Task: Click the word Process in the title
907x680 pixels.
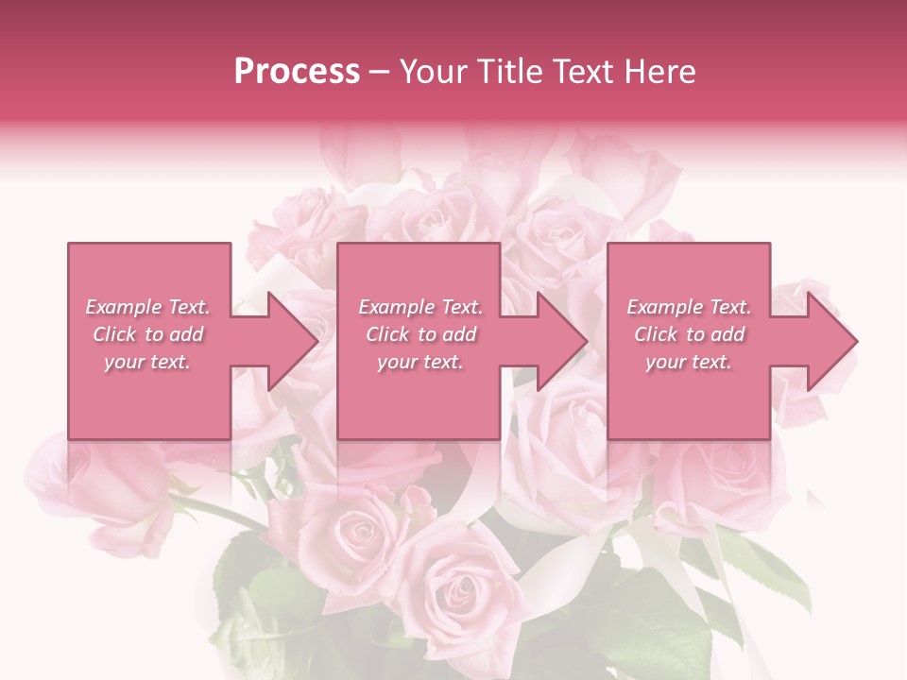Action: (x=297, y=72)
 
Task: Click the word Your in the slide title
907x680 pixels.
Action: (x=433, y=72)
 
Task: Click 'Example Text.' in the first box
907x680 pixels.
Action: (x=148, y=307)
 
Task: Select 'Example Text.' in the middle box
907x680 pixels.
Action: (x=420, y=307)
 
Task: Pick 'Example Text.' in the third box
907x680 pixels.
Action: (x=689, y=307)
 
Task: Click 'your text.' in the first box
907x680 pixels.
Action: (x=147, y=362)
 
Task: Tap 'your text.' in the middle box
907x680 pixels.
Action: (x=420, y=362)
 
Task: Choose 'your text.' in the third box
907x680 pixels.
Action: (x=689, y=362)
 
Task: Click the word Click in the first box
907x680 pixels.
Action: (x=115, y=334)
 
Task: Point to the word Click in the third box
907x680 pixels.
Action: (x=657, y=334)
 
